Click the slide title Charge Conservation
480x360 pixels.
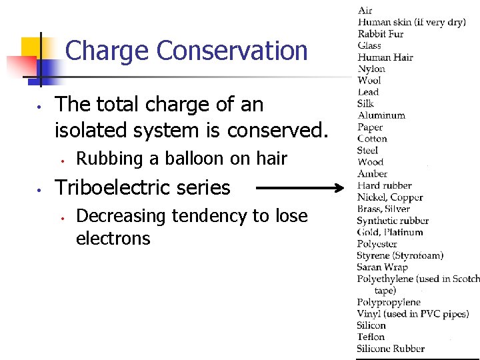187,51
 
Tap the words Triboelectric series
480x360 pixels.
143,188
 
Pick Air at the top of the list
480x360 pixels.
365,10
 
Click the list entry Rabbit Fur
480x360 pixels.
381,34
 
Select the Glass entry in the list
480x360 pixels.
369,45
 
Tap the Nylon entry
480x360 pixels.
371,69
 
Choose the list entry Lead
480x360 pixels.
368,92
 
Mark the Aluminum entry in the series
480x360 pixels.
381,115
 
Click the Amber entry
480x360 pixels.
372,174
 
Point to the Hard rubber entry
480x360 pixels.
384,185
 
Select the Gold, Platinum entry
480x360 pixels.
390,232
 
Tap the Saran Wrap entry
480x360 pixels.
382,267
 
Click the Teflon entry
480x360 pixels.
371,337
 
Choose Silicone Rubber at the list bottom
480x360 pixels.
391,349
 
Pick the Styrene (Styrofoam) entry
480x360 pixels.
400,255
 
